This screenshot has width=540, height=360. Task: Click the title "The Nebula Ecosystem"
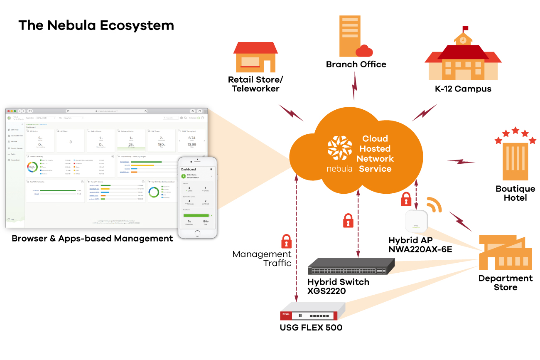tap(96, 25)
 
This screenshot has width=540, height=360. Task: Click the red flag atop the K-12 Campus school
tap(465, 28)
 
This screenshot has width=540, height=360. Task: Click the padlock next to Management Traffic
tap(286, 241)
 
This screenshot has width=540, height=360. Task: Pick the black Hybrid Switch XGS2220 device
tap(351, 266)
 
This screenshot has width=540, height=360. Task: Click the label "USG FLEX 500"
tap(311, 328)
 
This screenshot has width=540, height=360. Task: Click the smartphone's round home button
tap(197, 234)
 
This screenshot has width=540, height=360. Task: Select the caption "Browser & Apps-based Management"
tap(92, 239)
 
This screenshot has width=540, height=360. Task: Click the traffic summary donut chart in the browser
tap(32, 167)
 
